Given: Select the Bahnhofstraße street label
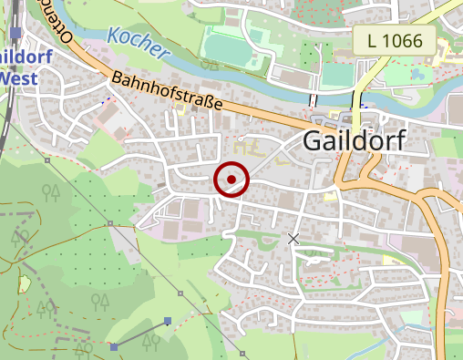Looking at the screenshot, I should click(168, 93).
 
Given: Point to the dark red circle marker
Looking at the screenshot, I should click(231, 179).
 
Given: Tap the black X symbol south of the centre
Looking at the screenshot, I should click(293, 239).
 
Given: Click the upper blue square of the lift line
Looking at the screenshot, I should click(168, 321).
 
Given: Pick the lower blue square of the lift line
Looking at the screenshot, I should click(113, 347).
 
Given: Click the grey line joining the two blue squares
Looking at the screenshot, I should click(140, 334).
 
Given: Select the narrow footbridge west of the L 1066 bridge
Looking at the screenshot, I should click(312, 98).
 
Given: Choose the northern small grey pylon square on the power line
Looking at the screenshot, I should click(110, 222).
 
